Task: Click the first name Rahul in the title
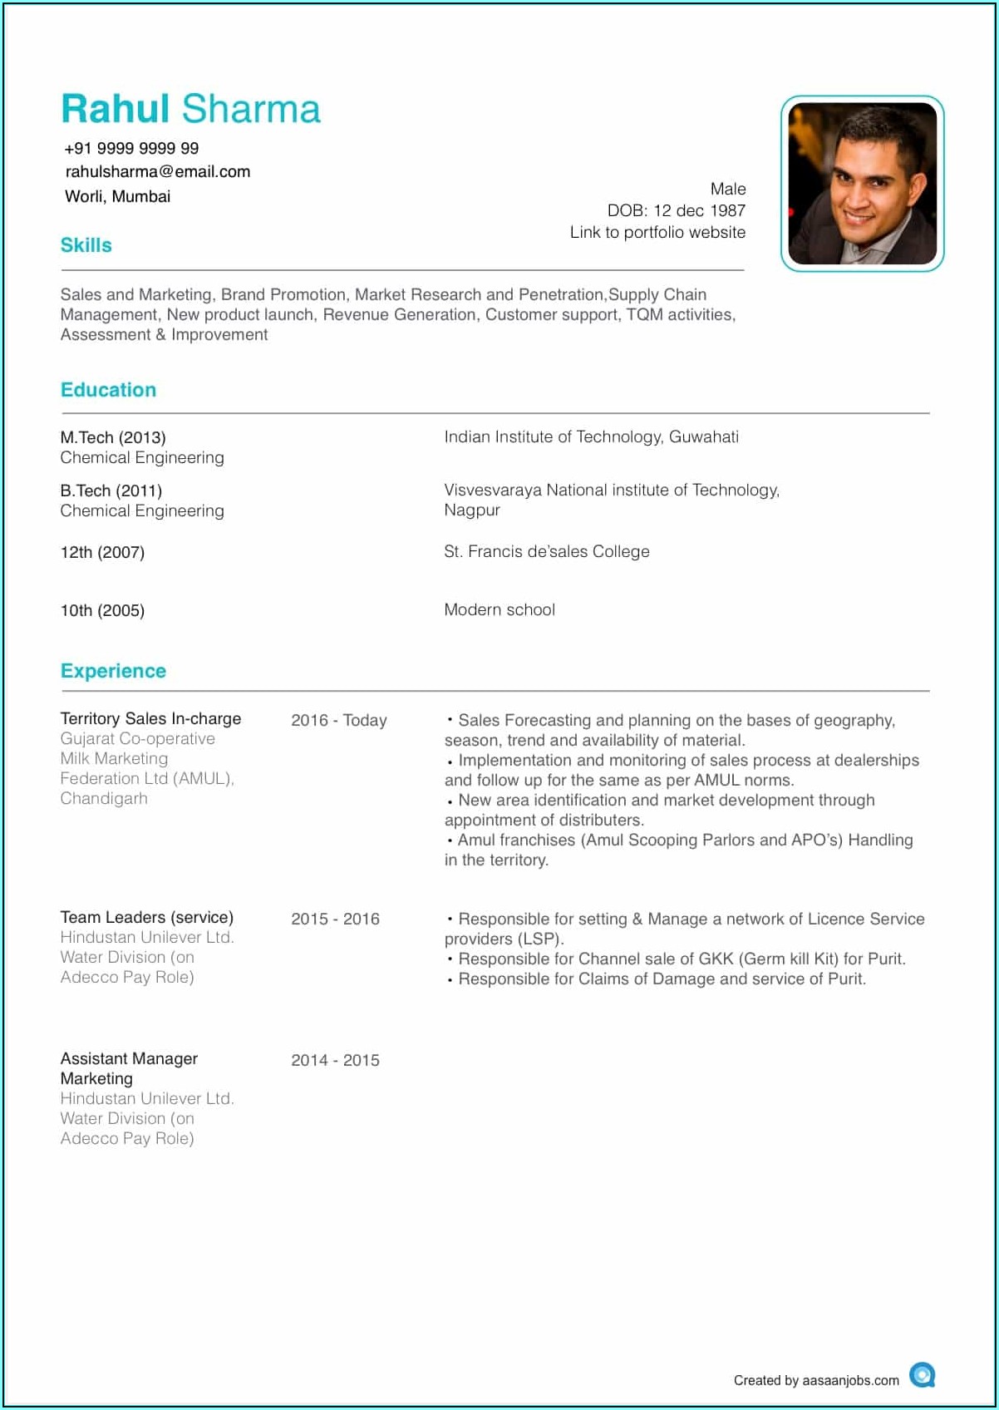click(x=116, y=109)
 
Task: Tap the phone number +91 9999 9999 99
click(x=131, y=148)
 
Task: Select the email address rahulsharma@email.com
click(x=158, y=171)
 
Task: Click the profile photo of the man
click(x=862, y=183)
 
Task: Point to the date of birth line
click(x=676, y=210)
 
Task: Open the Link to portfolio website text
click(x=657, y=232)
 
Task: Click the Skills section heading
click(x=86, y=245)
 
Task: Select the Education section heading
click(x=108, y=390)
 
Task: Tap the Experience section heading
click(x=113, y=671)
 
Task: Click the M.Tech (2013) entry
click(x=113, y=437)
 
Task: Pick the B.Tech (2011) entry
click(x=111, y=491)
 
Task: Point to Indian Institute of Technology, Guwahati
click(x=591, y=436)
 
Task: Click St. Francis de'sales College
click(x=546, y=551)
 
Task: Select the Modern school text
click(x=499, y=609)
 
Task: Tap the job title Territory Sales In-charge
click(x=150, y=718)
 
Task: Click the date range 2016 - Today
click(x=338, y=720)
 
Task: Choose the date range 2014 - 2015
click(x=335, y=1060)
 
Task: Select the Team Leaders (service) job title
click(x=146, y=917)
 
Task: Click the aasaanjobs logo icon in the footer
click(x=922, y=1375)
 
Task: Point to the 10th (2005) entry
click(x=102, y=610)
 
